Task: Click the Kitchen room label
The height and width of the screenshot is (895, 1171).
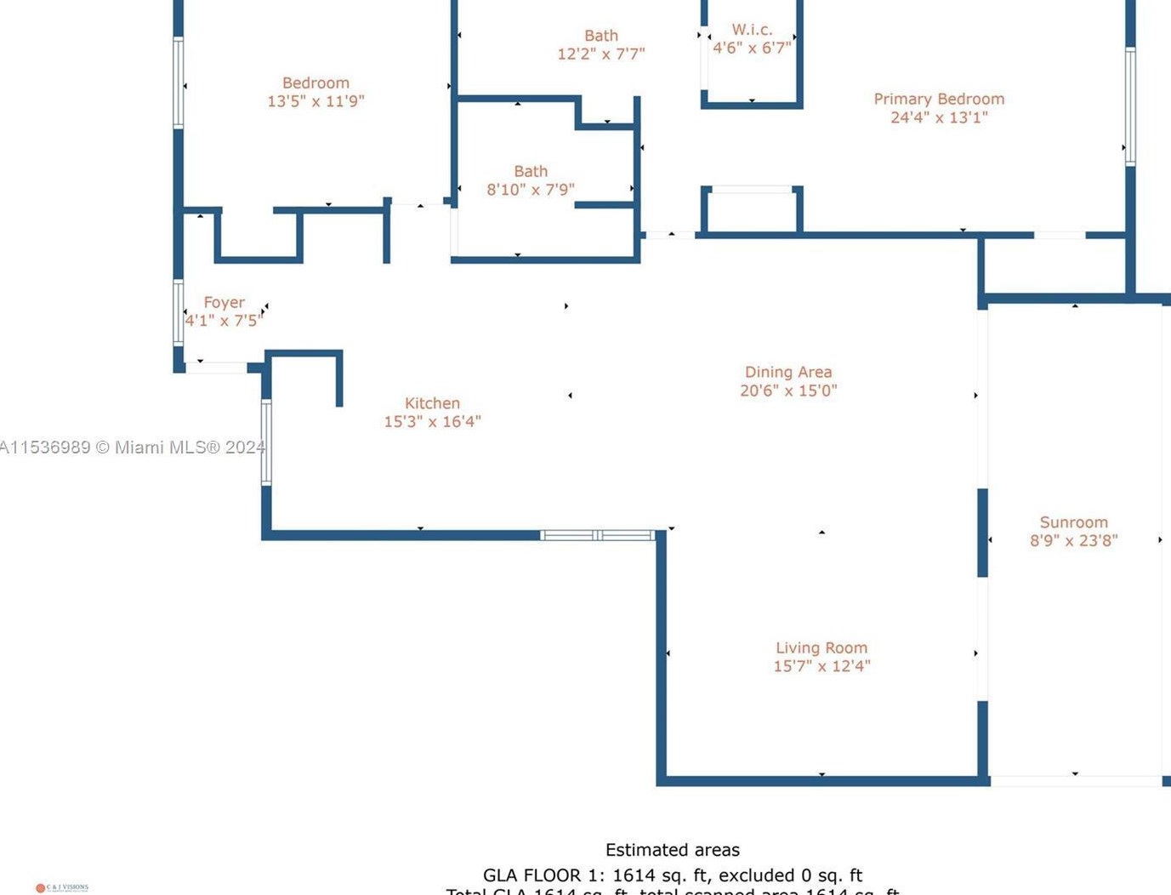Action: tap(432, 403)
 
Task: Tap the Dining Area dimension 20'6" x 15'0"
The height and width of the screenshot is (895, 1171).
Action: tap(788, 390)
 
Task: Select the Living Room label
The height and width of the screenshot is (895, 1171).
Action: tap(821, 648)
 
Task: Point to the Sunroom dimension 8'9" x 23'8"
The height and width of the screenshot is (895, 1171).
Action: tap(1073, 540)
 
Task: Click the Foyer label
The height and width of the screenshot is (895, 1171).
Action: tap(225, 303)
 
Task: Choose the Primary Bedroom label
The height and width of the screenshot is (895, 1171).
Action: tap(939, 100)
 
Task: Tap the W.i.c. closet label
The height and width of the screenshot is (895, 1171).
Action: tap(752, 30)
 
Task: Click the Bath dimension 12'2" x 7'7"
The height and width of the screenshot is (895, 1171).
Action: tap(600, 54)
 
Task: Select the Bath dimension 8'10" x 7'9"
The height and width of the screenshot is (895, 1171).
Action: tap(530, 190)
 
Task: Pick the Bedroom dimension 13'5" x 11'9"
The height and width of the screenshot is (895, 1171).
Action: tap(315, 101)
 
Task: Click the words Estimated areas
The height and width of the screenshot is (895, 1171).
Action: tap(672, 850)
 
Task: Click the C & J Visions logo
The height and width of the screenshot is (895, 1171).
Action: tap(62, 887)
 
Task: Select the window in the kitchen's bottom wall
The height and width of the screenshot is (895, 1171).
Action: tap(598, 535)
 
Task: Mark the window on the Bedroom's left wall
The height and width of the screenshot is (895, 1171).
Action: tap(179, 83)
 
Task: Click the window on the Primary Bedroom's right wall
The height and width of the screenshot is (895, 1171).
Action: tap(1130, 106)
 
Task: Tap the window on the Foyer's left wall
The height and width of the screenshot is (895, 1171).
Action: tap(179, 312)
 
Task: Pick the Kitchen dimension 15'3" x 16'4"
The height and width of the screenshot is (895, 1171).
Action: tap(432, 422)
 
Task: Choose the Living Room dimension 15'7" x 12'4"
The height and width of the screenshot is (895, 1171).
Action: tap(821, 666)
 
